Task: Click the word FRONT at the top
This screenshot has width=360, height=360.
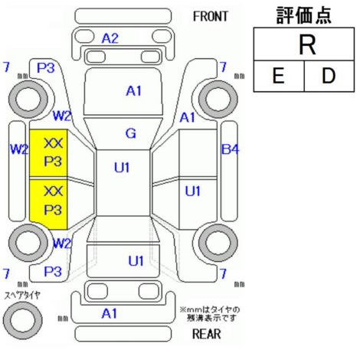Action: click(211, 16)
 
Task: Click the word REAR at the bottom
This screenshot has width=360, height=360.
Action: click(206, 334)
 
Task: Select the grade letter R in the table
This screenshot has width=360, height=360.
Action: click(307, 45)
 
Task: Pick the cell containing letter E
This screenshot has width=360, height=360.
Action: click(279, 76)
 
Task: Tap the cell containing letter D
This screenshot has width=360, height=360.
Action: click(329, 76)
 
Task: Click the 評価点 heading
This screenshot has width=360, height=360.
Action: click(304, 16)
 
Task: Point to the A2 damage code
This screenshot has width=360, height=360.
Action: click(110, 38)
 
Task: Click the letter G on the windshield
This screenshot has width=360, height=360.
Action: click(131, 133)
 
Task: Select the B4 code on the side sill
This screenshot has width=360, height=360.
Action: click(231, 149)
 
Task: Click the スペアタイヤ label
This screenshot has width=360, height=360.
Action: click(22, 296)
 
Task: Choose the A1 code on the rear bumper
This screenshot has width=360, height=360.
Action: click(110, 313)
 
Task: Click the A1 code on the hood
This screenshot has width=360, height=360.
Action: click(133, 91)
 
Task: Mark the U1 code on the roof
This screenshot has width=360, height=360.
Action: click(122, 168)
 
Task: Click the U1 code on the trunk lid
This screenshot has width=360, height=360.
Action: click(136, 261)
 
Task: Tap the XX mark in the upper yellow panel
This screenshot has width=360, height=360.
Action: click(53, 143)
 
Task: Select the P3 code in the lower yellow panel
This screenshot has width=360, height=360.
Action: click(53, 210)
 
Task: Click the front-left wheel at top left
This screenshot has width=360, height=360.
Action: click(28, 99)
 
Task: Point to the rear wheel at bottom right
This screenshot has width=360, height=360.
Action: click(218, 243)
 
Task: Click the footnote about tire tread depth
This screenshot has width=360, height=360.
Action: click(210, 314)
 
